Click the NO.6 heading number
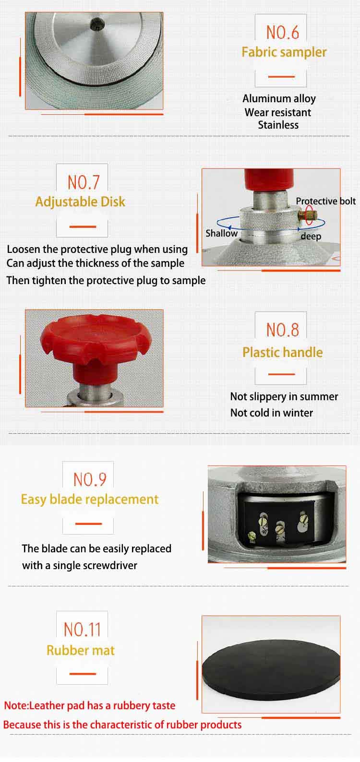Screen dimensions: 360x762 (x=282, y=33)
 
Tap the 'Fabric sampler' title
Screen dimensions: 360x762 (x=284, y=52)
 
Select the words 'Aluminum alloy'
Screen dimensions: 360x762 (x=279, y=99)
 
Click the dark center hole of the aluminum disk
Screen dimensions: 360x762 (x=95, y=24)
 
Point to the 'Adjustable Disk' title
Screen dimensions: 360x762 (x=80, y=202)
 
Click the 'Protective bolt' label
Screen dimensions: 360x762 (x=325, y=201)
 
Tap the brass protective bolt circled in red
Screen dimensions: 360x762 (x=308, y=215)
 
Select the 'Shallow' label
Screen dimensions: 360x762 (x=221, y=233)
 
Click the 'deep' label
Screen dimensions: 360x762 (x=311, y=237)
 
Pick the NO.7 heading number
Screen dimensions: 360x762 (x=84, y=183)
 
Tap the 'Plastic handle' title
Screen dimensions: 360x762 (x=282, y=352)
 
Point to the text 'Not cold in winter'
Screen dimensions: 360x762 (x=272, y=413)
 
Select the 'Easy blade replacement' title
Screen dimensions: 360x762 (x=89, y=500)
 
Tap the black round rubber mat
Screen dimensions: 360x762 (x=271, y=669)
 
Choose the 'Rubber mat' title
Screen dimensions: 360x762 (x=81, y=650)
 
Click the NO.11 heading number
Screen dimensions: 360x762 (x=83, y=630)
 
